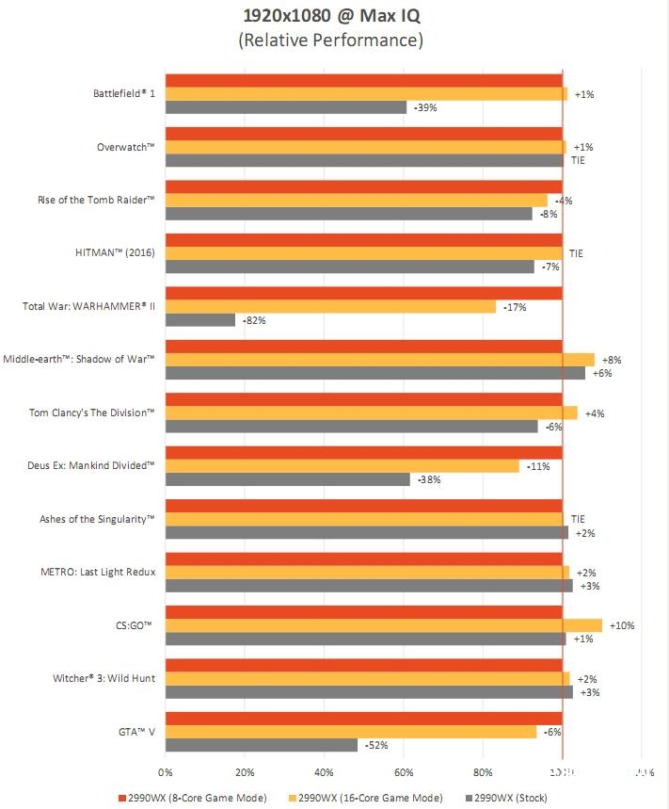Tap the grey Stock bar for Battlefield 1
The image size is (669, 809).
(286, 107)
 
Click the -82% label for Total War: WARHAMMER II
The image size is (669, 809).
(254, 320)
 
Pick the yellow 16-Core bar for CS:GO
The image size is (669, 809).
(384, 625)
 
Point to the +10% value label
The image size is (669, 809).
(622, 625)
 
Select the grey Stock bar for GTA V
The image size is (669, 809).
(262, 745)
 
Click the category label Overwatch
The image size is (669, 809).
(125, 147)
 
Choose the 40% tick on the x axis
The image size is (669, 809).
(324, 774)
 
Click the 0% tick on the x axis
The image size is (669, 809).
(166, 774)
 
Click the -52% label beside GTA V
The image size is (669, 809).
(376, 745)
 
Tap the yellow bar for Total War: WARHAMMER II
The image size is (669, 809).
(330, 307)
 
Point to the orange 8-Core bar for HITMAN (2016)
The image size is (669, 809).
(363, 240)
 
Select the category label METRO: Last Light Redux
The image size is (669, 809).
(98, 572)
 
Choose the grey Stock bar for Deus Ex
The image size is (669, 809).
(288, 479)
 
